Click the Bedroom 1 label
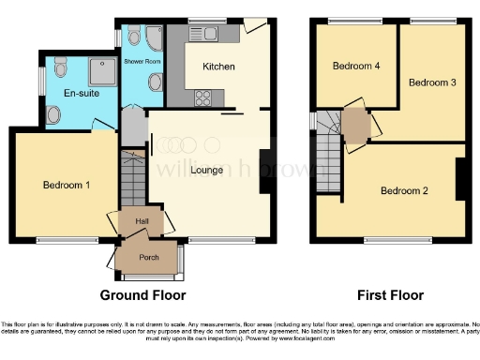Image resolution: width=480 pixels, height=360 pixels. point(66,185)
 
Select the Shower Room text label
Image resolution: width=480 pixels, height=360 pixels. point(142,60)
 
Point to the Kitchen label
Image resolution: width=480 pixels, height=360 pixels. point(218,67)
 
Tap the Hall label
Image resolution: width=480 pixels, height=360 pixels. point(142,221)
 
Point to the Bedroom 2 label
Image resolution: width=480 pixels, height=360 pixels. point(404,191)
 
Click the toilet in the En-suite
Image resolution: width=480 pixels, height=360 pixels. point(53,113)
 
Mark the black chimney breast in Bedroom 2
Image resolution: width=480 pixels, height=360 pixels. point(460,179)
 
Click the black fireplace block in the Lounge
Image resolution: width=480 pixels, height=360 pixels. point(265,171)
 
